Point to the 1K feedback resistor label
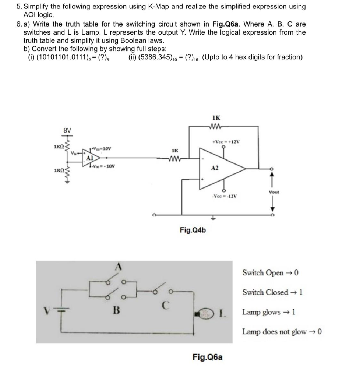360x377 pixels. (216, 118)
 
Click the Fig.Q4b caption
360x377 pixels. (193, 230)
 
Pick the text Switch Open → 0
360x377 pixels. (270, 273)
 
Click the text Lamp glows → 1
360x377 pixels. (269, 312)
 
